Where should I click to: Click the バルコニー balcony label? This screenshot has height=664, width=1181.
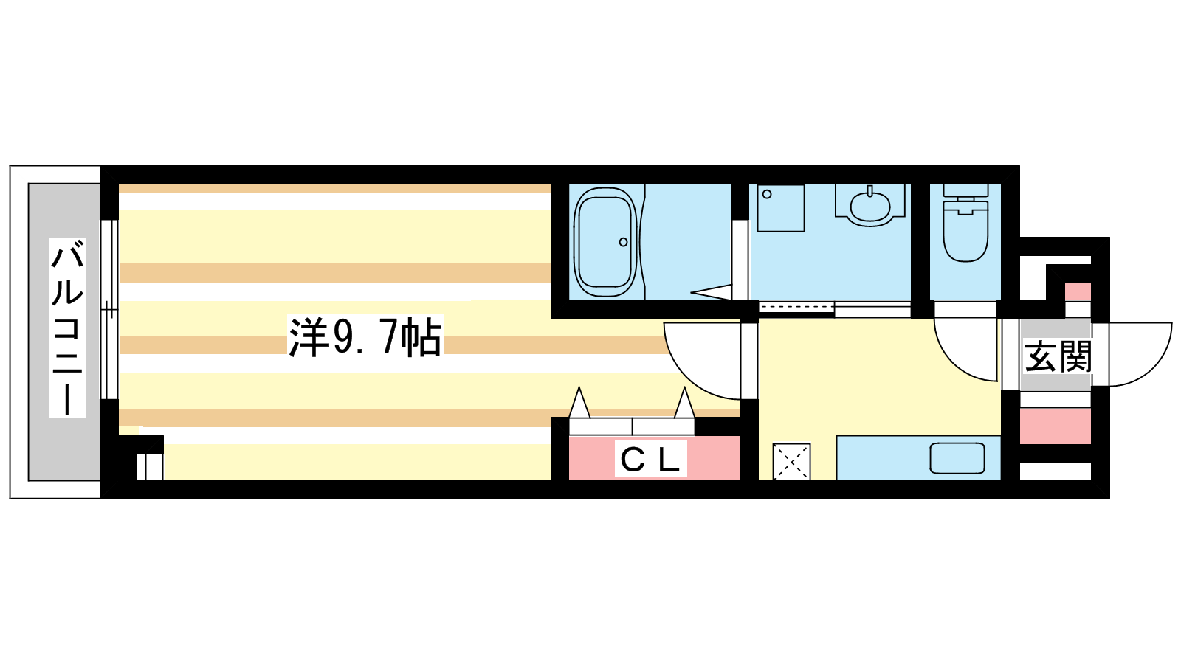click(67, 328)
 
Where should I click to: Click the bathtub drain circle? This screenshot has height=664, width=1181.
click(623, 243)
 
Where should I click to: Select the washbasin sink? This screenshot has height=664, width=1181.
click(870, 207)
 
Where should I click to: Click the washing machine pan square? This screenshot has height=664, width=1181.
click(781, 208)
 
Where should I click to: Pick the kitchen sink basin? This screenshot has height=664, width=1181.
click(957, 458)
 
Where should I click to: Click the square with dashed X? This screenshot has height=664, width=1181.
click(791, 462)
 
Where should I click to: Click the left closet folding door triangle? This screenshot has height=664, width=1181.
click(579, 403)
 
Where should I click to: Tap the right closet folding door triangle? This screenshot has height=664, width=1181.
click(684, 403)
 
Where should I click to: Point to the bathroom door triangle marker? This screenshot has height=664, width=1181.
click(712, 292)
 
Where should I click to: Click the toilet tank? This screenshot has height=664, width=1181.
click(965, 190)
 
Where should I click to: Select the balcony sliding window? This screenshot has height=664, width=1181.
click(109, 309)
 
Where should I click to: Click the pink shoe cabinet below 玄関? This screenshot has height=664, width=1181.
click(1055, 426)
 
